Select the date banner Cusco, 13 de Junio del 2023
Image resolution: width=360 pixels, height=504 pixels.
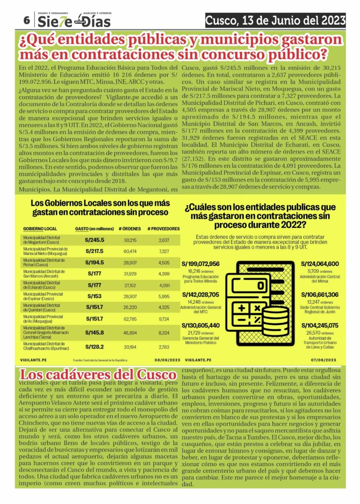(x=275, y=20)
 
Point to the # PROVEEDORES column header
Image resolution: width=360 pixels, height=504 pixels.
(x=163, y=229)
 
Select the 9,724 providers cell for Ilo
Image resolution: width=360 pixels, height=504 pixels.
(x=164, y=319)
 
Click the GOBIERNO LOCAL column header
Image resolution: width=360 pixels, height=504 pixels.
(x=40, y=229)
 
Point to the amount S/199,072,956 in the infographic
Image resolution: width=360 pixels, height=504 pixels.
(x=200, y=264)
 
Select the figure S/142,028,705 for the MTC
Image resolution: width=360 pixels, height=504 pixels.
(x=200, y=295)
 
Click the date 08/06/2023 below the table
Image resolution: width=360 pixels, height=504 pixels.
(x=168, y=360)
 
